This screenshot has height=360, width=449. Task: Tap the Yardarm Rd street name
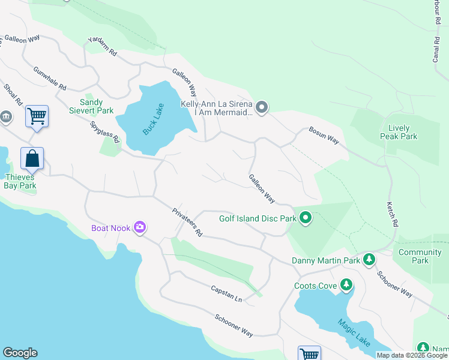[101, 46]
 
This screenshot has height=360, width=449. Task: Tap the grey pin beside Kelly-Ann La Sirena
[261, 108]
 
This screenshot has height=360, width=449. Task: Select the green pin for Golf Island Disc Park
[306, 218]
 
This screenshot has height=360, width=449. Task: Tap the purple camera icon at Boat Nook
[140, 227]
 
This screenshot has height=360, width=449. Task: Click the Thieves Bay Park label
[21, 181]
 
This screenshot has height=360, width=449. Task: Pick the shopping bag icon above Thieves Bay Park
[32, 159]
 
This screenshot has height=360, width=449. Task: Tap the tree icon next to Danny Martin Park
[369, 260]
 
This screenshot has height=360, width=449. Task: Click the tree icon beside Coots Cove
[346, 285]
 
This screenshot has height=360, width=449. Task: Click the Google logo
[20, 353]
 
